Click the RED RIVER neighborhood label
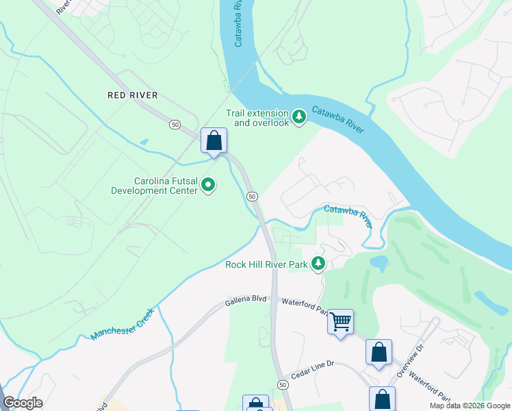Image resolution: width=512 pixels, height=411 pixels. pyautogui.click(x=133, y=95)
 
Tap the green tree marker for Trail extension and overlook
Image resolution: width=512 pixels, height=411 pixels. pyautogui.click(x=299, y=117)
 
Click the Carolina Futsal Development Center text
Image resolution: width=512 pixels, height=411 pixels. pyautogui.click(x=155, y=186)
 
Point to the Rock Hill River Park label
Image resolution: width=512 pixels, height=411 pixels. pyautogui.click(x=266, y=265)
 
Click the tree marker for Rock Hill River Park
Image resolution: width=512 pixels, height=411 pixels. pyautogui.click(x=318, y=264)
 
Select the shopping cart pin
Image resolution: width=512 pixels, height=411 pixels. pyautogui.click(x=340, y=321)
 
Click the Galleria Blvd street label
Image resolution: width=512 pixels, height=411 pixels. pyautogui.click(x=246, y=301)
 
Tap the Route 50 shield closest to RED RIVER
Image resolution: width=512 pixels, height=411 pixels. pyautogui.click(x=176, y=124)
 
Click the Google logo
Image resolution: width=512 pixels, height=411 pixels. pyautogui.click(x=23, y=403)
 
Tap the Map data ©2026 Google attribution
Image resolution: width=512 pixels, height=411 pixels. pyautogui.click(x=470, y=406)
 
